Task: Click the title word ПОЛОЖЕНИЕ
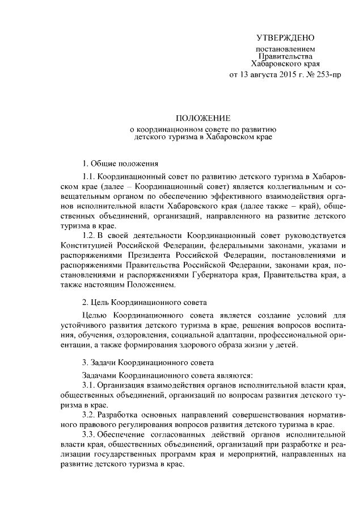click(202, 119)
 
